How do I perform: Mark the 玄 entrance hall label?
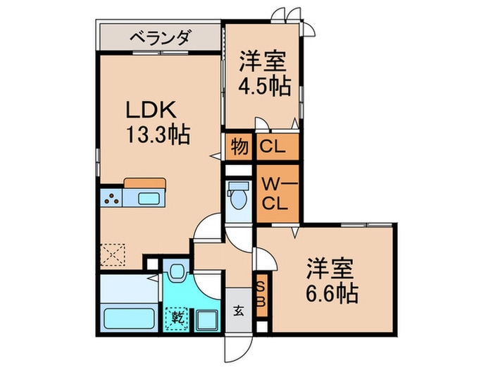(x=239, y=310)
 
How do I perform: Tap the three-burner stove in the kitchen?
(x=111, y=198)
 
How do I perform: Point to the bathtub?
(x=129, y=316)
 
